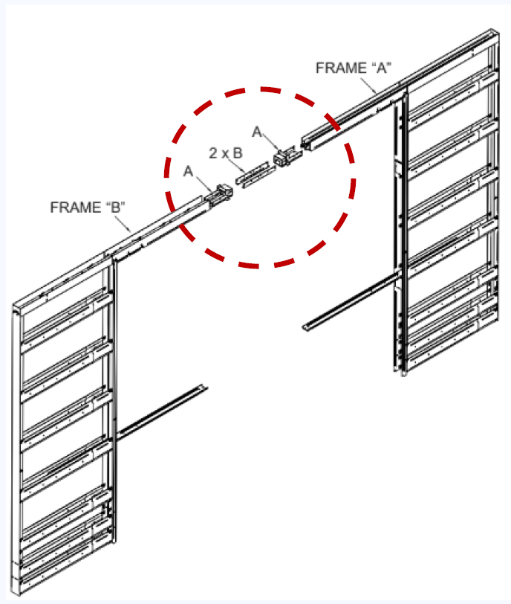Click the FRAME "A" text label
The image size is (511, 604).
point(354,68)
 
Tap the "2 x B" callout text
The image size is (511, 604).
point(225,153)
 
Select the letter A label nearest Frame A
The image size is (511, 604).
point(257,132)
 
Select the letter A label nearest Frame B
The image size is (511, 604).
point(189,171)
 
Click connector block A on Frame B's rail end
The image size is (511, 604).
point(222,193)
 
